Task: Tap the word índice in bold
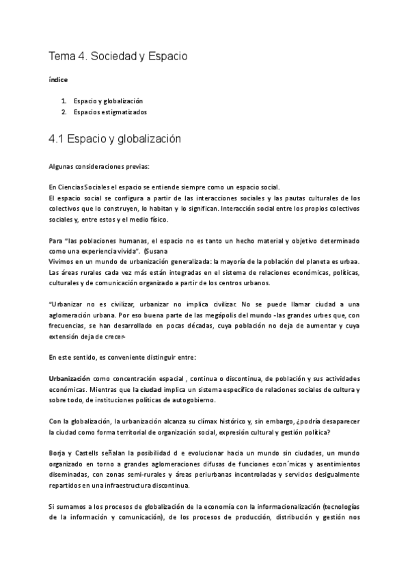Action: pyautogui.click(x=58, y=79)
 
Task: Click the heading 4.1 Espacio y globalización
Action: pyautogui.click(x=114, y=139)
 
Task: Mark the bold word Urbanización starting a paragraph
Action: pyautogui.click(x=70, y=379)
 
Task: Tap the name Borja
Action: pyautogui.click(x=59, y=453)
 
